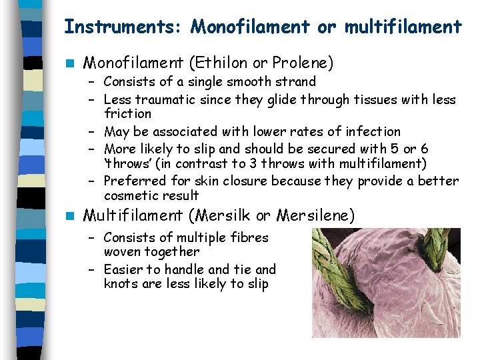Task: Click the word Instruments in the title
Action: (124, 27)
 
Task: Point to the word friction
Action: (127, 114)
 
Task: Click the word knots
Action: (120, 284)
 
